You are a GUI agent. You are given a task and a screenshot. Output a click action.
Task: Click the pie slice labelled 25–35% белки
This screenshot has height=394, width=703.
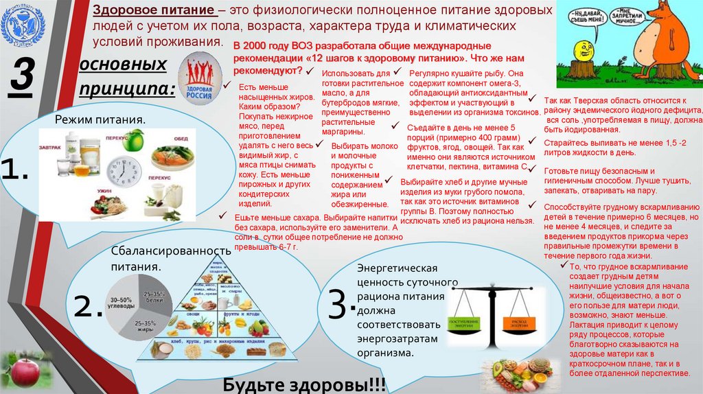tap(151, 294)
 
